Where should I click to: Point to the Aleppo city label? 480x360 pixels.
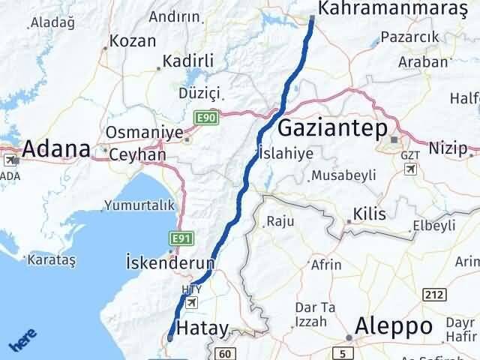click(x=394, y=326)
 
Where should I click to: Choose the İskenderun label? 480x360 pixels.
click(x=169, y=263)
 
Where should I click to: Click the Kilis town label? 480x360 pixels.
click(x=370, y=214)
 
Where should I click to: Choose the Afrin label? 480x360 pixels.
click(x=325, y=265)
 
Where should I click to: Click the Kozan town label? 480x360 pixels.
click(x=133, y=40)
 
